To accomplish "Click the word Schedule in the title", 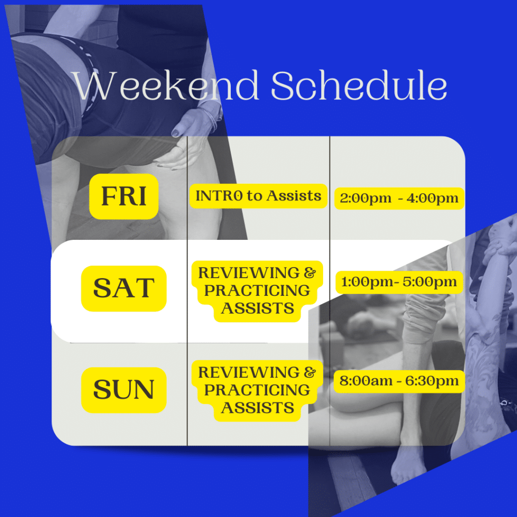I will tap(359, 86).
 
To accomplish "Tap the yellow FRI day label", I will tap(124, 196).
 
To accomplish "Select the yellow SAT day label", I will tap(124, 288).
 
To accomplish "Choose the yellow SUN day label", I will tap(124, 389).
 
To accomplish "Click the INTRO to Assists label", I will tap(258, 196).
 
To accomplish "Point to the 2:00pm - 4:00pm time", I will tap(399, 198).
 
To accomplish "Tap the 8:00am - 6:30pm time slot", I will tap(399, 381).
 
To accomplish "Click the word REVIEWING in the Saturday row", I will tap(249, 273).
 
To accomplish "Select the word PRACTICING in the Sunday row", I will tap(257, 390).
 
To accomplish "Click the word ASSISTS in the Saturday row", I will tap(257, 308).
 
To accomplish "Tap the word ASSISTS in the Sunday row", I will tap(257, 407).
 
